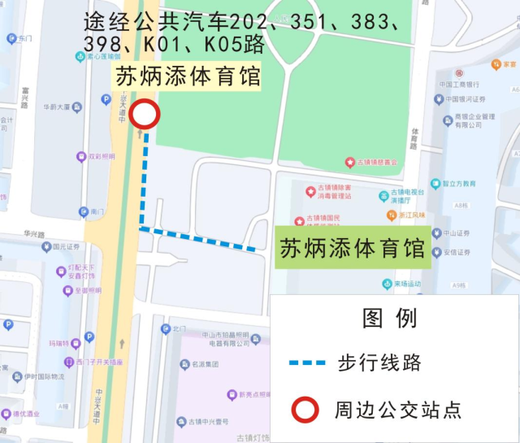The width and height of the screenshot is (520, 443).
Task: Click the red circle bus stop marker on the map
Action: (145, 115)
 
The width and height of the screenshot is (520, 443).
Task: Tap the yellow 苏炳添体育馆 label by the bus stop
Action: (188, 78)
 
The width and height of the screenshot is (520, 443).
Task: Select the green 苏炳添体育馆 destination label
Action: (353, 248)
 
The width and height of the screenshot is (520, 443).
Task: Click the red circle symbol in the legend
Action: (305, 410)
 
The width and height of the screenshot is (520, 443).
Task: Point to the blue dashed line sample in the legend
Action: (307, 362)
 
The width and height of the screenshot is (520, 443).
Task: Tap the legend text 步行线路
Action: (379, 363)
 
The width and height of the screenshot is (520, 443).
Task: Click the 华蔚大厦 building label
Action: (58, 106)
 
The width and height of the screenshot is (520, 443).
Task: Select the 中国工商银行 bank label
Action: (459, 85)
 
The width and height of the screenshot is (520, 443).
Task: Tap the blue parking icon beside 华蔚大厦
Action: (106, 99)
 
